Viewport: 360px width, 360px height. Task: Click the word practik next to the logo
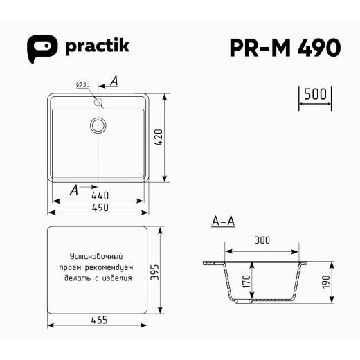(96, 46)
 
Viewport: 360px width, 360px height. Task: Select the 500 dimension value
(315, 95)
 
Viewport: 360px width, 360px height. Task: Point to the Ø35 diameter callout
(82, 84)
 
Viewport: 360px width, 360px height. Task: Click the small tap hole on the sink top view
(98, 102)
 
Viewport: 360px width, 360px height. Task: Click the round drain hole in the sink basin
(98, 125)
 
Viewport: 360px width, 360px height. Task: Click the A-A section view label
(223, 222)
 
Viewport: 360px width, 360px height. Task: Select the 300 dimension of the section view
(262, 242)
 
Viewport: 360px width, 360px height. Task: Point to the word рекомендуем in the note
(114, 267)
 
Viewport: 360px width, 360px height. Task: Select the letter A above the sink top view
(114, 82)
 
